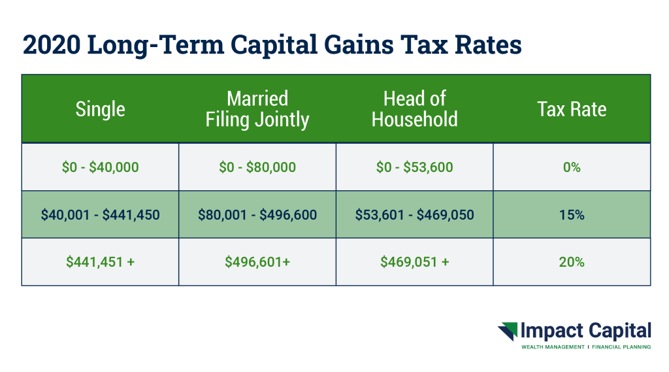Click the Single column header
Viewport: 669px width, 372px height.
100,109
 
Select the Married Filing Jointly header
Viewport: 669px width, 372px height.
257,109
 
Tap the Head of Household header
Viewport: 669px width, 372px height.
414,109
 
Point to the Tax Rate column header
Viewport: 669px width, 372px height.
572,109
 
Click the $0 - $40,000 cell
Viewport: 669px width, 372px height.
100,167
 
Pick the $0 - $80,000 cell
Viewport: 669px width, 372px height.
257,167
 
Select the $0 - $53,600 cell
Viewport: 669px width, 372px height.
414,167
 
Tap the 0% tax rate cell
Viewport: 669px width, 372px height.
572,167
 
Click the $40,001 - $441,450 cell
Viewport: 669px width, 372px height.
100,214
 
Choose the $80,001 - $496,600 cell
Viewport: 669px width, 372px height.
257,214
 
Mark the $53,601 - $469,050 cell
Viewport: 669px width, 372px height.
414,214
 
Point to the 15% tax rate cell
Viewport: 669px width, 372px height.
572,214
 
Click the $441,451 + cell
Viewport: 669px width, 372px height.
100,262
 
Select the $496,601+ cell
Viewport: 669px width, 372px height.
257,262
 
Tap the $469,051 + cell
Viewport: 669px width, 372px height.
414,262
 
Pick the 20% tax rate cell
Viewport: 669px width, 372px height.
572,262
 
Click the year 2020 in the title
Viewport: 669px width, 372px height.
51,44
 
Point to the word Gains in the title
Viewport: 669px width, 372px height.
359,44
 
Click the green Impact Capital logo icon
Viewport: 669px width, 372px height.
508,331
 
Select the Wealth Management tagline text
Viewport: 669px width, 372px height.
553,347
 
